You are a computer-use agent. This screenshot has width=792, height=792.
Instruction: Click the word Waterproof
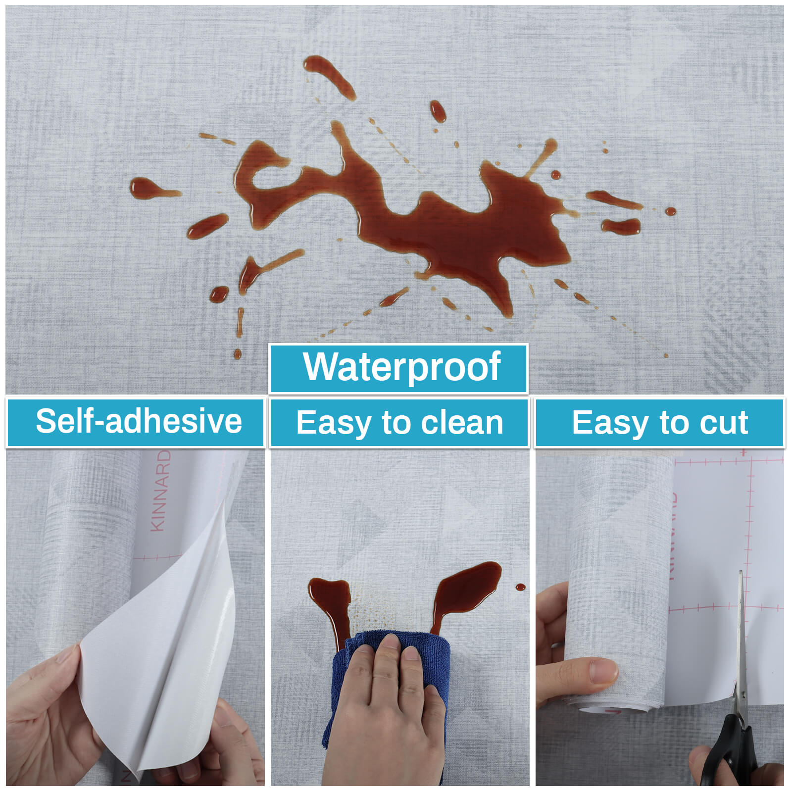(402, 367)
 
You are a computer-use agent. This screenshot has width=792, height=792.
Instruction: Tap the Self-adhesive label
(139, 421)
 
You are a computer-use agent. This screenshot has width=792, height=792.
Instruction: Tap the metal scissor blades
(741, 643)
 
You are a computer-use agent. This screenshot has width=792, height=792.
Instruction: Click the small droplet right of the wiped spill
(520, 587)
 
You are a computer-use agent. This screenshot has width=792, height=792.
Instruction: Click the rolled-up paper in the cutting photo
(619, 584)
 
